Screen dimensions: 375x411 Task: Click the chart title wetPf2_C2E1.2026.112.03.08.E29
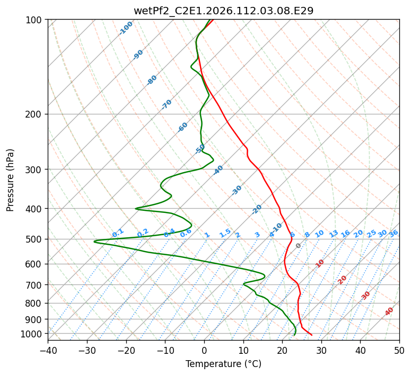point(223,11)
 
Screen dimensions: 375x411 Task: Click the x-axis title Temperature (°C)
point(223,364)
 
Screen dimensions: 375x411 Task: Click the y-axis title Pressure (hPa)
point(10,180)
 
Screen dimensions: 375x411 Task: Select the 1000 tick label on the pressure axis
point(33,334)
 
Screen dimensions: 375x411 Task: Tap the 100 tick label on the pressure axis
point(36,20)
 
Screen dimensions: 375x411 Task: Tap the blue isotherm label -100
point(126,28)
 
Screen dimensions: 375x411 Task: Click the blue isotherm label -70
point(167,104)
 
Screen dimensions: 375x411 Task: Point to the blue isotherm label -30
point(237,190)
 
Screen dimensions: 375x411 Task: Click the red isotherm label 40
point(389,312)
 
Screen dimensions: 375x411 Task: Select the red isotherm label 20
point(342,280)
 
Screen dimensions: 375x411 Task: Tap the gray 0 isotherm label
point(299,246)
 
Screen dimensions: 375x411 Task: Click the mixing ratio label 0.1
point(118,233)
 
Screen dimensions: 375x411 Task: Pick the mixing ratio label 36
point(393,233)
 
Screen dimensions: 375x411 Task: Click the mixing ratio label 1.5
point(225,233)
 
